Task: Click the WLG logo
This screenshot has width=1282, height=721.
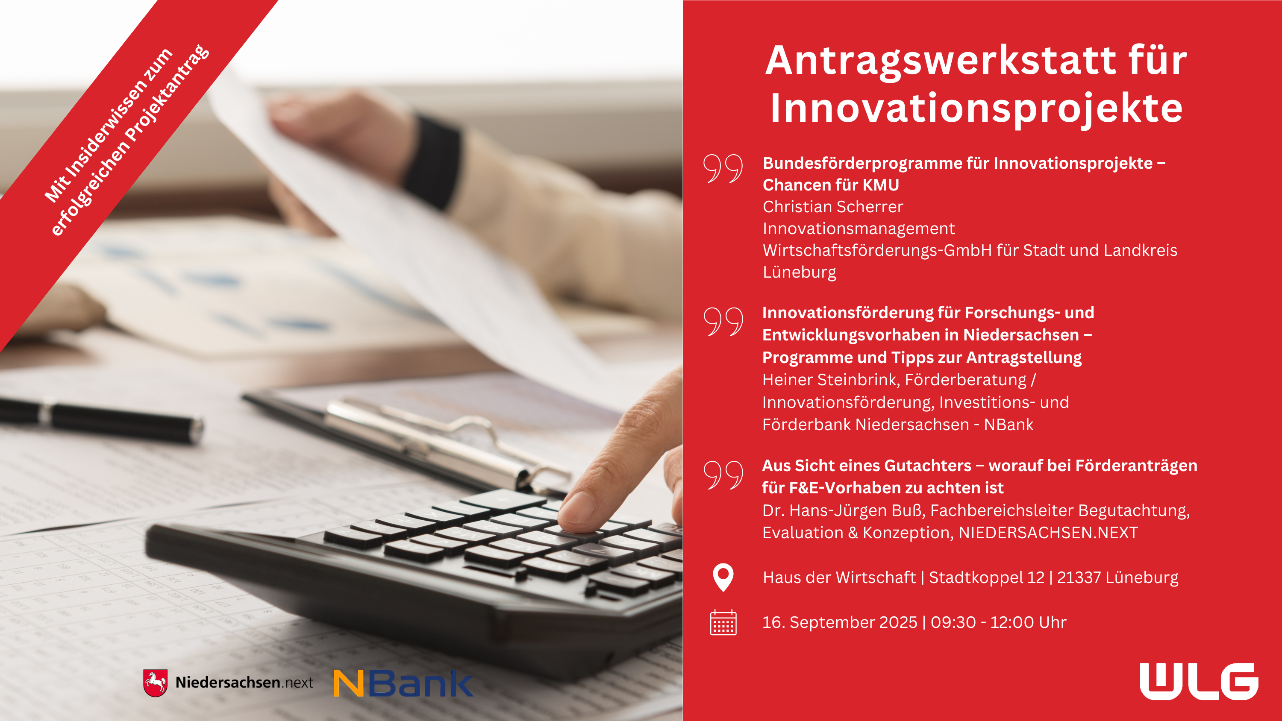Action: pyautogui.click(x=1199, y=681)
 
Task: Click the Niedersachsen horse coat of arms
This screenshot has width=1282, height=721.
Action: pyautogui.click(x=155, y=683)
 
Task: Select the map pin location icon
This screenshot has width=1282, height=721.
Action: pyautogui.click(x=723, y=577)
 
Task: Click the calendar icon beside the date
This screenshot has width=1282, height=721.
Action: pyautogui.click(x=723, y=622)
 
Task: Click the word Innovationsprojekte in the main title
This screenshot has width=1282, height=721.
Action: pyautogui.click(x=976, y=108)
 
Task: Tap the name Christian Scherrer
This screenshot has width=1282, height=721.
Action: pyautogui.click(x=832, y=206)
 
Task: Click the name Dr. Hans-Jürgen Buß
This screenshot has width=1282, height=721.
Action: pyautogui.click(x=843, y=510)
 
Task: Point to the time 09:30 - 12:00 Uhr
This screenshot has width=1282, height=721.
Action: pyautogui.click(x=998, y=622)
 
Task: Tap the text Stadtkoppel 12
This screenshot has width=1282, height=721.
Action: pyautogui.click(x=987, y=577)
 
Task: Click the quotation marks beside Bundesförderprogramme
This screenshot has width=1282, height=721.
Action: pyautogui.click(x=723, y=168)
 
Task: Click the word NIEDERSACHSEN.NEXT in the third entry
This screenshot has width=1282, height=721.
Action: pyautogui.click(x=1048, y=532)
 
